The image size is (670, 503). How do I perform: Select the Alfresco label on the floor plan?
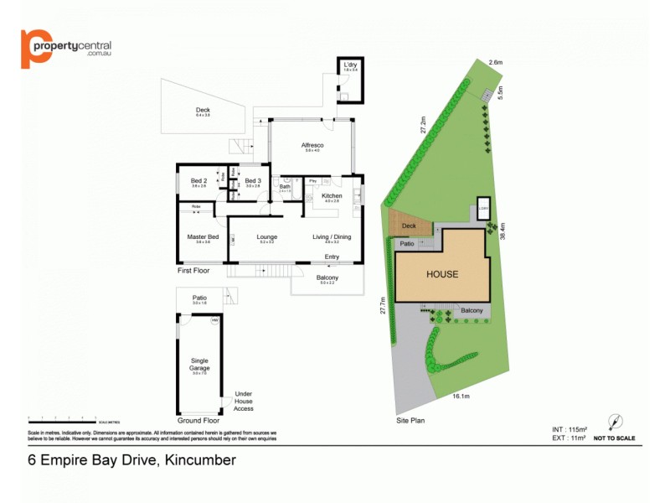point(312,146)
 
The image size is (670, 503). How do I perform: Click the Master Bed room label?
point(203,236)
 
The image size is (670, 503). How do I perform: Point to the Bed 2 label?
point(198,181)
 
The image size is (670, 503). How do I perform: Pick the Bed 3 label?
point(253,181)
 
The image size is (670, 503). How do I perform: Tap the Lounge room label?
point(267,236)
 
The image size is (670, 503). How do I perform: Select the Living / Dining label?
point(332,236)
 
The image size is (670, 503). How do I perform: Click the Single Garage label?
point(198,365)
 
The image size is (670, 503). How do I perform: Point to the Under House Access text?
point(244,401)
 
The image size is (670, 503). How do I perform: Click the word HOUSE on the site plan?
point(442,274)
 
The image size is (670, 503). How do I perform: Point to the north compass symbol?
point(615,421)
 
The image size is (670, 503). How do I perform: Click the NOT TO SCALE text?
point(614,438)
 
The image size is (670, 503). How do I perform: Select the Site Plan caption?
point(411,419)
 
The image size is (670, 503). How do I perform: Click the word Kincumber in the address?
point(201,459)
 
